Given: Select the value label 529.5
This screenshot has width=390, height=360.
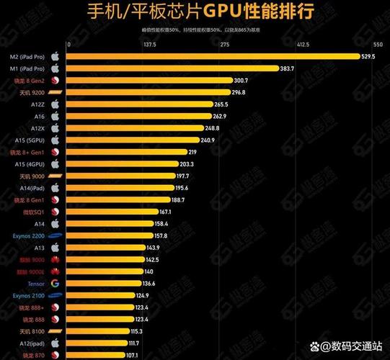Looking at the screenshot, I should click(x=368, y=56).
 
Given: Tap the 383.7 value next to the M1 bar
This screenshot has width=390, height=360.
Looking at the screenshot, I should click(x=288, y=68).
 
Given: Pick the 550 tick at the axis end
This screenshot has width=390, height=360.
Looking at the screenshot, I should click(x=379, y=45).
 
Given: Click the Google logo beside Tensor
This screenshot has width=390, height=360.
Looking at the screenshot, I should click(x=55, y=284).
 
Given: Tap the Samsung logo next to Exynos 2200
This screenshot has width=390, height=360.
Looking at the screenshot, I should click(x=55, y=235).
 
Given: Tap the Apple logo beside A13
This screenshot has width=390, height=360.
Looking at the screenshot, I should click(x=55, y=248).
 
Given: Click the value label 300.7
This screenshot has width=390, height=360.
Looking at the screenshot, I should click(x=241, y=80).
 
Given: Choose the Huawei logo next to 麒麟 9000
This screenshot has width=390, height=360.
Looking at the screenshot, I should click(x=55, y=259).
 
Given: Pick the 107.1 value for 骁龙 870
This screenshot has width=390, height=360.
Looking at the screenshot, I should click(x=133, y=355).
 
